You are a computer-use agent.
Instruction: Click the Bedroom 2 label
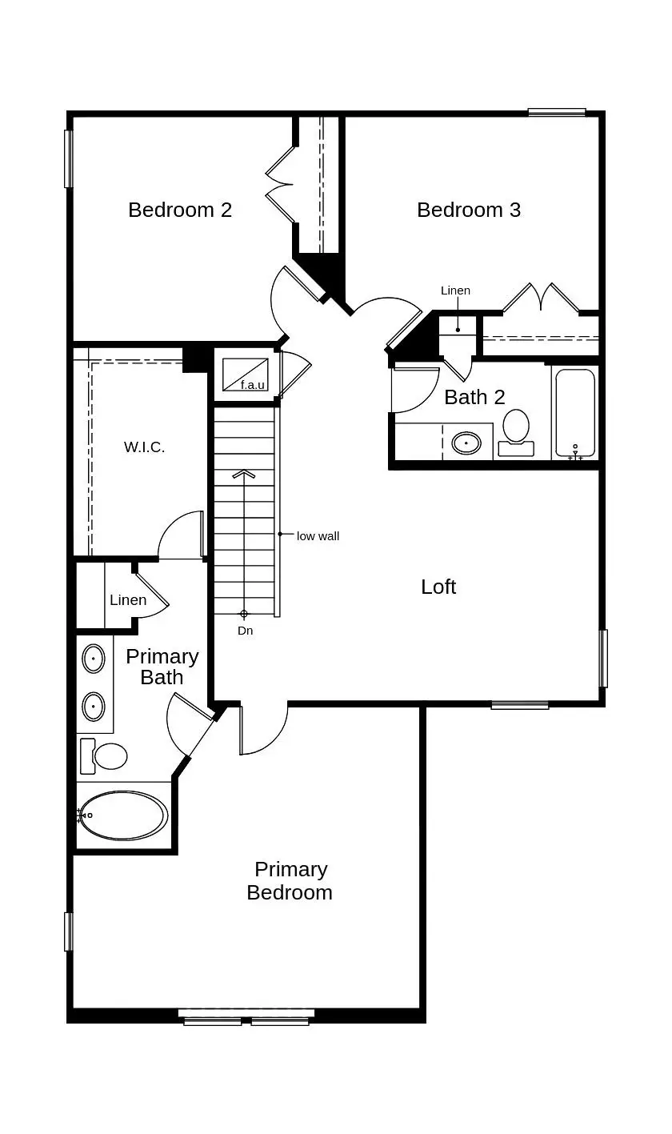coord(180,210)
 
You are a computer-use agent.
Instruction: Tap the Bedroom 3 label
coord(469,210)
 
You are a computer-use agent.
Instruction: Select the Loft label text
coord(438,587)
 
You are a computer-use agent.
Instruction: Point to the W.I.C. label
coord(145,447)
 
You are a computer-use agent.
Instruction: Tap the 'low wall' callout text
coord(318,536)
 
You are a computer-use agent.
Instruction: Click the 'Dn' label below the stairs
coord(245,631)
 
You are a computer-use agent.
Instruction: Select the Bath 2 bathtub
coord(575,413)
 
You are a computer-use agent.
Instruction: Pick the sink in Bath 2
coord(466,443)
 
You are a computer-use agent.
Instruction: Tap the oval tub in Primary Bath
coord(124,815)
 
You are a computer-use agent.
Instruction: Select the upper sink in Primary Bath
coord(94,659)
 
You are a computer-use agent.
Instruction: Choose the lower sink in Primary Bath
coord(94,707)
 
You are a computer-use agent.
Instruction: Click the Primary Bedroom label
coord(290,880)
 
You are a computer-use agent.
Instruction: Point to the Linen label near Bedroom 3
coord(455,291)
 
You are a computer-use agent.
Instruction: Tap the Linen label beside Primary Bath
coord(128,600)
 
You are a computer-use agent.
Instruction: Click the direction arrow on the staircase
coord(244,475)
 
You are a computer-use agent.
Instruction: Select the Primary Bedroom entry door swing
coord(262,730)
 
